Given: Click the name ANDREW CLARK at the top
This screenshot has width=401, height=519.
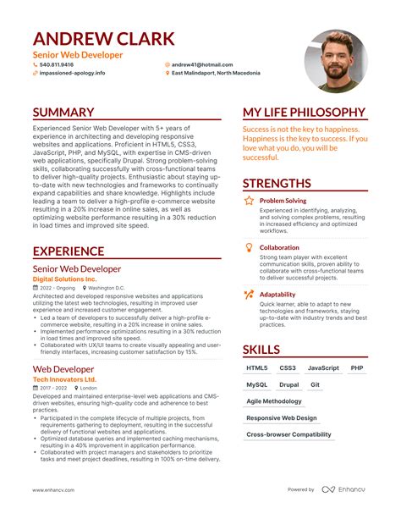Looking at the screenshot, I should (104, 38).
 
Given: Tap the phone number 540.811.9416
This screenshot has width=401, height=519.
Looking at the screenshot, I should (57, 64).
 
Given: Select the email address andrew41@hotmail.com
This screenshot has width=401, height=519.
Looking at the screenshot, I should (202, 64).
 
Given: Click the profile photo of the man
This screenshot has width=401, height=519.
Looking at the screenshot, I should (336, 61).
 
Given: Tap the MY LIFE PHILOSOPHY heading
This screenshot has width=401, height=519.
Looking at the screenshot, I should (304, 113).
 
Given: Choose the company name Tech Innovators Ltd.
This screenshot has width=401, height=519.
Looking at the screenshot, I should (64, 379).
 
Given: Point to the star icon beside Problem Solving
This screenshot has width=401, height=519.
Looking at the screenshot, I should (249, 202).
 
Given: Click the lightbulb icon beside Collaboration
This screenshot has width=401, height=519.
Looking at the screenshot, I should (249, 247).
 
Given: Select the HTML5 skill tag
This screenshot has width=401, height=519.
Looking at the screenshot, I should (257, 368).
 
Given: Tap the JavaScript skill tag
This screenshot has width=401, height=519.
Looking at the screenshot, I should (323, 368).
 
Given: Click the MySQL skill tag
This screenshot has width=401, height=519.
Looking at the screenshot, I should (257, 384).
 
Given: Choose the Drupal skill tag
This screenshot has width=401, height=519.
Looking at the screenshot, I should (288, 384).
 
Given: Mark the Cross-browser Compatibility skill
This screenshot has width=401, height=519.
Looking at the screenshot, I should (288, 434).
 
